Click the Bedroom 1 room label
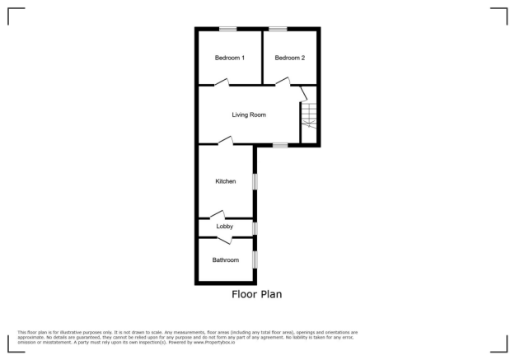[x=230, y=58]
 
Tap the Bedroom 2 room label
[x=290, y=58]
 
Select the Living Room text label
[x=249, y=115]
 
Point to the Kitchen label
[x=226, y=181]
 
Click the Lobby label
[x=224, y=227]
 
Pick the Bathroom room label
[x=225, y=260]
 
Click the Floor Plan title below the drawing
[x=257, y=293]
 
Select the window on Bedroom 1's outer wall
[x=228, y=30]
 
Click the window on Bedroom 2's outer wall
[x=278, y=30]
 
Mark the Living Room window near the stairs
[x=280, y=146]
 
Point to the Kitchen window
[x=255, y=180]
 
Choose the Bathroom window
[x=255, y=259]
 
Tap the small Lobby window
[x=255, y=227]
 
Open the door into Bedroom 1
[x=220, y=82]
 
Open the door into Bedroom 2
[x=282, y=81]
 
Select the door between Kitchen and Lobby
[x=218, y=216]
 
